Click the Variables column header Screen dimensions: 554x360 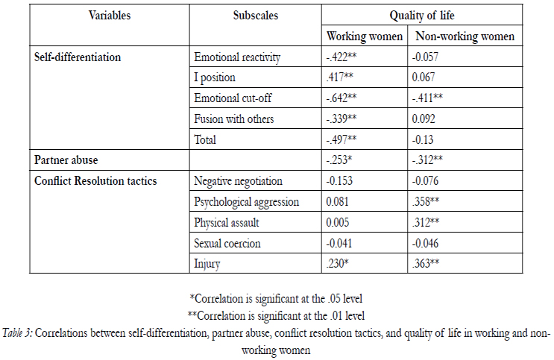pyautogui.click(x=110, y=16)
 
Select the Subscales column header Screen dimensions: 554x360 pyautogui.click(x=256, y=16)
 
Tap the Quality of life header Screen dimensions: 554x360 pyautogui.click(x=422, y=16)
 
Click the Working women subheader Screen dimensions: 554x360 pyautogui.click(x=365, y=37)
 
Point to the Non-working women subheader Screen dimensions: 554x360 pyautogui.click(x=465, y=37)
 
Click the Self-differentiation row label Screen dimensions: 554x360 pyautogui.click(x=78, y=57)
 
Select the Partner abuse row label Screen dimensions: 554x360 pyautogui.click(x=66, y=160)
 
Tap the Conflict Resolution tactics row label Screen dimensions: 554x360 pyautogui.click(x=95, y=181)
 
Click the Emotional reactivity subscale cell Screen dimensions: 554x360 pyautogui.click(x=237, y=57)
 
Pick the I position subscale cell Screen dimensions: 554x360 pyautogui.click(x=215, y=78)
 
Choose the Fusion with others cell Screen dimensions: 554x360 pyautogui.click(x=234, y=119)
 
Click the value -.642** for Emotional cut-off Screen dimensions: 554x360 pyautogui.click(x=341, y=98)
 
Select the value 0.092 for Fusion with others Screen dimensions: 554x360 pyautogui.click(x=424, y=119)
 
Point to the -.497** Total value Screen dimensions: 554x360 pyautogui.click(x=341, y=139)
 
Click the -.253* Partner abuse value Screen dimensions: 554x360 pyautogui.click(x=339, y=160)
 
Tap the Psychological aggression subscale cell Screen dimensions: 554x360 pyautogui.click(x=246, y=202)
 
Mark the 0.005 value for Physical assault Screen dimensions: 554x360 pyautogui.click(x=338, y=223)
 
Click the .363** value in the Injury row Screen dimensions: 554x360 pyautogui.click(x=426, y=264)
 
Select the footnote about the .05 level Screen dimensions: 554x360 pyautogui.click(x=276, y=299)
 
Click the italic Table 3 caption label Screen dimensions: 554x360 pyautogui.click(x=17, y=333)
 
